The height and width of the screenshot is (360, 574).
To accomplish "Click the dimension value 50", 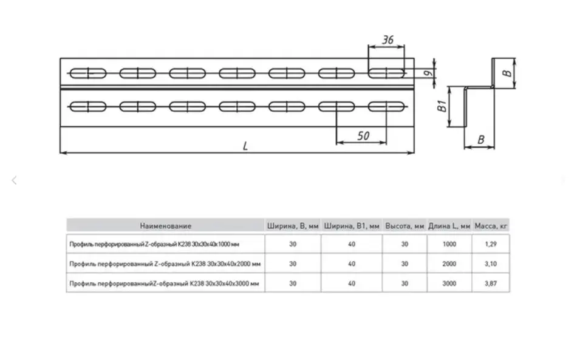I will [x=363, y=136].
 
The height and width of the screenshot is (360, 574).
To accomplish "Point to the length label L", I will [x=245, y=146].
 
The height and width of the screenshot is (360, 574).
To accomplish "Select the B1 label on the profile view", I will [x=442, y=107].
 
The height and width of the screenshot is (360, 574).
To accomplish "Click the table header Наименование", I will [x=165, y=226].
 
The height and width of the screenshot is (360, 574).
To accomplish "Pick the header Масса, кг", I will [x=491, y=226].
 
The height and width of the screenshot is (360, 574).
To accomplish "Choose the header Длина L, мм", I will [x=449, y=226].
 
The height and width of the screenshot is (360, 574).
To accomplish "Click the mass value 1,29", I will [x=491, y=244].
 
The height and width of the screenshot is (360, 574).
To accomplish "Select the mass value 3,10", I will [x=491, y=264].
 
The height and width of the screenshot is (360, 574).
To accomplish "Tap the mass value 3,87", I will [x=491, y=284].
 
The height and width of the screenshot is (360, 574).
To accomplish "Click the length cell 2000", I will [x=449, y=264].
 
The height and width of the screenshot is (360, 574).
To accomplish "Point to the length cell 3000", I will [x=449, y=284].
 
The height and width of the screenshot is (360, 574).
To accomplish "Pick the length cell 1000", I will [x=449, y=244].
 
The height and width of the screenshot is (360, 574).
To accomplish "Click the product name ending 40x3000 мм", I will [x=165, y=284].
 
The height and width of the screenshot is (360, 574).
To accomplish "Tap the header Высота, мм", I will [x=405, y=226].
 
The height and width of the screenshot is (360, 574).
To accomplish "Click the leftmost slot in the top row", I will [x=88, y=73].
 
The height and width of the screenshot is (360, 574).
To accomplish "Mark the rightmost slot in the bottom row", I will [x=386, y=107].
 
